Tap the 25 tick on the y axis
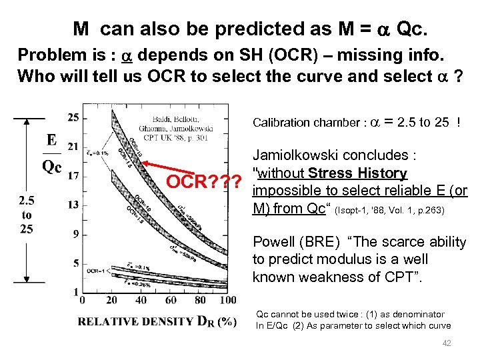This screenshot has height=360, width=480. tap(73, 117)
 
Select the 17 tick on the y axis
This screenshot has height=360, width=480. tap(73, 176)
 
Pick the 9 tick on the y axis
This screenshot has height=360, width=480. tap(75, 234)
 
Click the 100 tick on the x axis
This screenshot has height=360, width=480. tap(217, 301)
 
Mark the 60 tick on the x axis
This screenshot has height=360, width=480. tap(163, 301)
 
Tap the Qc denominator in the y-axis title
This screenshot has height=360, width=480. tap(51, 167)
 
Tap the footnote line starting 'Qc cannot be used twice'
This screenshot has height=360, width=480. tap(351, 314)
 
